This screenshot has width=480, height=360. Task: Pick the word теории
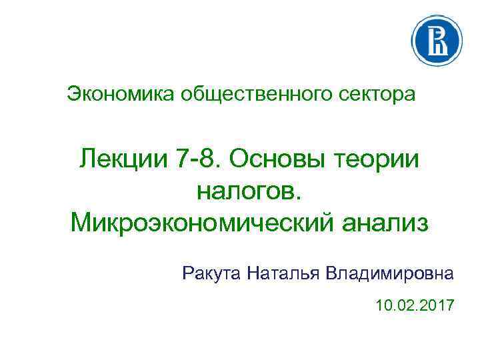click(x=382, y=160)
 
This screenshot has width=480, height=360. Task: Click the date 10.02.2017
click(x=415, y=306)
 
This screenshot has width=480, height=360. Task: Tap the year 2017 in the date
click(x=438, y=306)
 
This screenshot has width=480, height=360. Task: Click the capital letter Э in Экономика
click(x=73, y=94)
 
